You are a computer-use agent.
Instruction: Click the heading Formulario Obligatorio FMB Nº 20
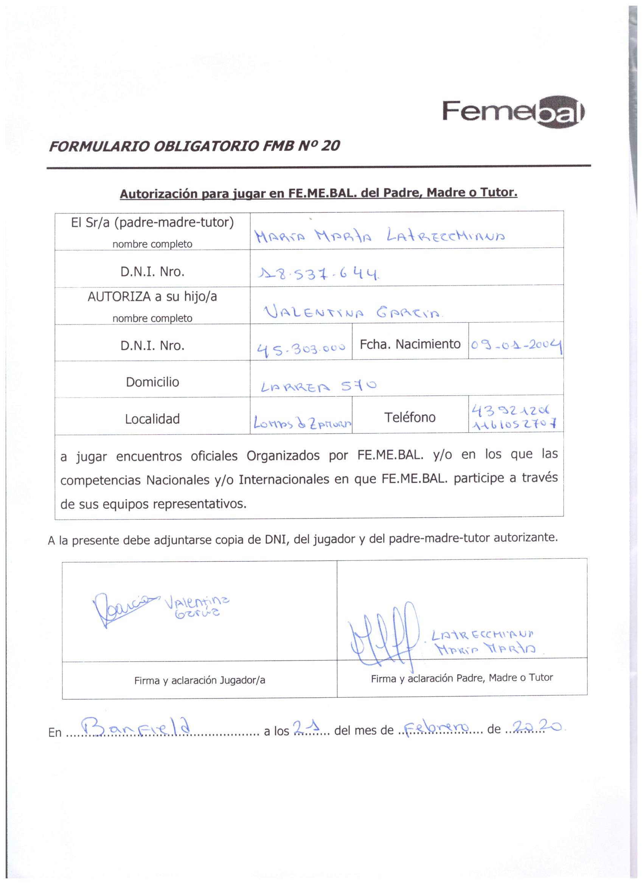point(194,146)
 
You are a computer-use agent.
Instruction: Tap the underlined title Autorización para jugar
point(318,193)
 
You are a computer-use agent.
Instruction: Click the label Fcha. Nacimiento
point(410,344)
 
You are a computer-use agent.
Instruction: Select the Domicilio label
point(152,382)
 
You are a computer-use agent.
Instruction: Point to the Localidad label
point(152,419)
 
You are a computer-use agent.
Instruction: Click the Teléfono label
point(410,417)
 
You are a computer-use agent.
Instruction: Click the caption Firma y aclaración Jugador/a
point(199,680)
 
